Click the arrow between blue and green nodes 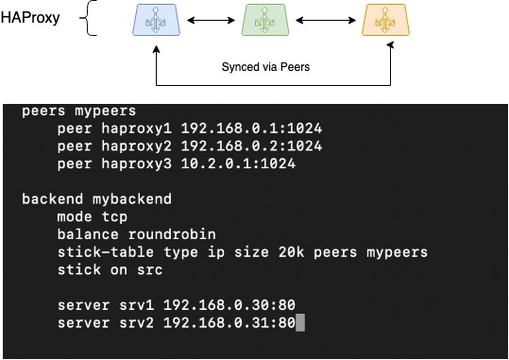(x=210, y=19)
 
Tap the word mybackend (x=130, y=199)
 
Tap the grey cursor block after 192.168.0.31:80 (x=300, y=323)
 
